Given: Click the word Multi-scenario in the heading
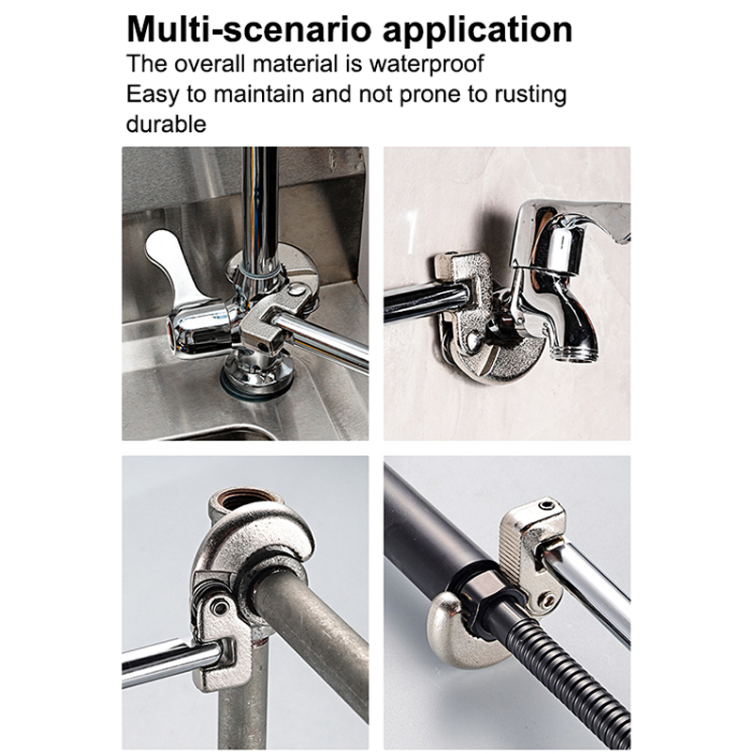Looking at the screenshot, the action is click(x=249, y=30).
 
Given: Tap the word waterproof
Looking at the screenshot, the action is click(x=427, y=64).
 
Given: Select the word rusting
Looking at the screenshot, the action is click(x=531, y=94).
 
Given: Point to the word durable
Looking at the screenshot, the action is click(x=166, y=124).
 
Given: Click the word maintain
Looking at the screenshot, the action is click(x=260, y=93).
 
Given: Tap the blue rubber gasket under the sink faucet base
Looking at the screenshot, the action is click(x=256, y=384).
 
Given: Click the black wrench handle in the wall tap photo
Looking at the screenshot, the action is click(x=426, y=301).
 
